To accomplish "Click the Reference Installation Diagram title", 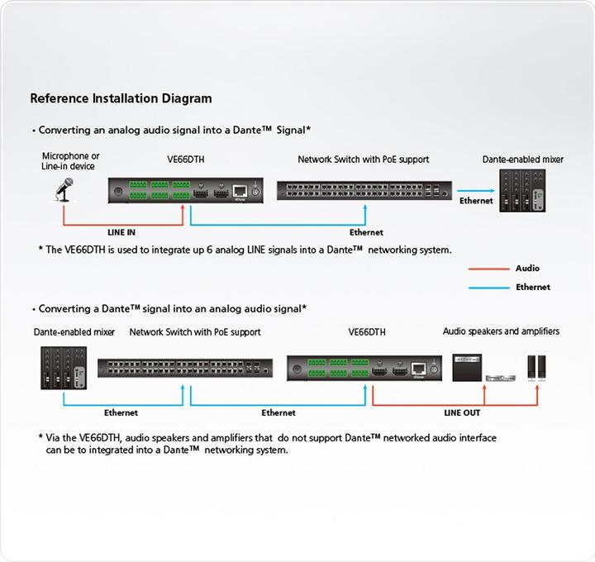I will (x=121, y=98).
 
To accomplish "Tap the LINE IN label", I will (x=121, y=232).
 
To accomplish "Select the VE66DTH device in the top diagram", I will (x=186, y=192).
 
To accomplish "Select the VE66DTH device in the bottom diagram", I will (x=365, y=369).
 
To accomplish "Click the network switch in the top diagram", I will (x=364, y=191).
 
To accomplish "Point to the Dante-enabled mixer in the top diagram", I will (x=523, y=192).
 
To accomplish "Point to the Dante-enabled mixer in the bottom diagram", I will (x=64, y=368).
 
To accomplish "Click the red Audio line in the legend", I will (x=488, y=269).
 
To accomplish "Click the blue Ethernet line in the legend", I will (x=488, y=288).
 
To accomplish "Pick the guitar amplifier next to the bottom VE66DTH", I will (x=470, y=367).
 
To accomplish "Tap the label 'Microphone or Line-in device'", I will (x=71, y=161).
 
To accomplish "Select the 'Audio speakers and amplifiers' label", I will (x=501, y=331).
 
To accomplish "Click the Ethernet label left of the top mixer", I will (x=476, y=201).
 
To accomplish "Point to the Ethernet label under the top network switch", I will (x=366, y=232).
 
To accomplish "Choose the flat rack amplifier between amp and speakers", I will (x=503, y=378).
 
